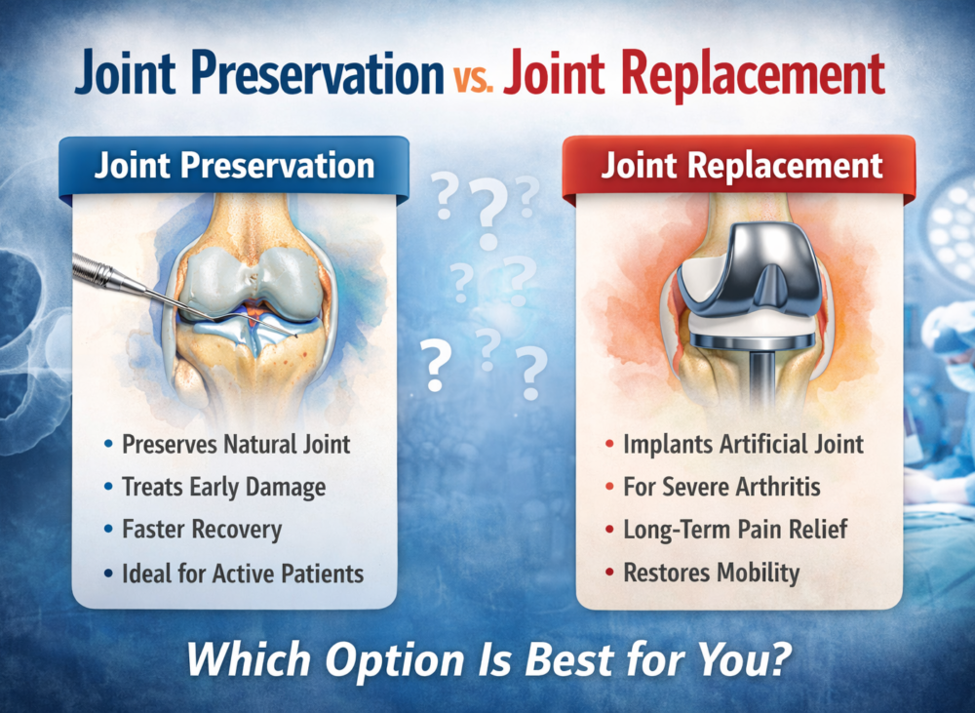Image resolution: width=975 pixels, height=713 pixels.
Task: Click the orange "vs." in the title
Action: coord(473,79)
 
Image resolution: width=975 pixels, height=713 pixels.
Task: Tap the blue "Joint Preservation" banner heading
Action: coord(234,166)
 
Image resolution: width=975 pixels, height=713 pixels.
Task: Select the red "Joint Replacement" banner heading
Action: coord(742,166)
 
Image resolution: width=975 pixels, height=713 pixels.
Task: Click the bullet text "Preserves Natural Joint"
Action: coord(236,444)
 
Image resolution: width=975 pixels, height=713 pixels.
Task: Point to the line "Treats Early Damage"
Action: coord(224,487)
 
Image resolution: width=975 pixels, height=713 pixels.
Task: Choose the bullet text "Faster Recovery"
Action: coord(202,530)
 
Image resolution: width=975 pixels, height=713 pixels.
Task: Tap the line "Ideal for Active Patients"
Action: coord(243,573)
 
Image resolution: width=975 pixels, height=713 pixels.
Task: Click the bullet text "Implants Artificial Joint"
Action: coord(743,444)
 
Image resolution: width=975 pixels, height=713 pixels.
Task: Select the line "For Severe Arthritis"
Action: coord(721,487)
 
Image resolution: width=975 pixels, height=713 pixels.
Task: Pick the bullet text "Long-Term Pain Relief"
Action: coord(735,530)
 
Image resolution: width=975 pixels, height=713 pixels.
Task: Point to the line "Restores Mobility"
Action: coord(712,573)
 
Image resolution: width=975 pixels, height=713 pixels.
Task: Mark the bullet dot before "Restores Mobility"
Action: coord(609,573)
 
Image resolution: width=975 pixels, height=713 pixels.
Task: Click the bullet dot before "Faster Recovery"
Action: coord(109,530)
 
